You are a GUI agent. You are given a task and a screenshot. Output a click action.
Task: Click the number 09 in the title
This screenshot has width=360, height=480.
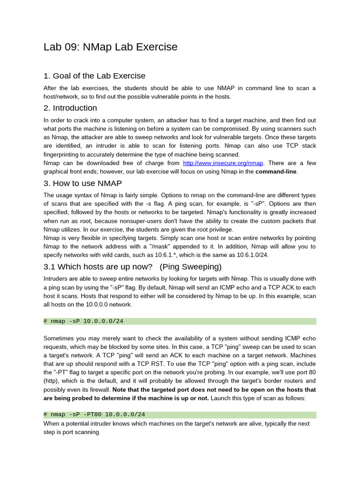coord(70,47)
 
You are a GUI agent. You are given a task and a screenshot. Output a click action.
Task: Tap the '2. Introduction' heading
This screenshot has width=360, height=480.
coord(70,108)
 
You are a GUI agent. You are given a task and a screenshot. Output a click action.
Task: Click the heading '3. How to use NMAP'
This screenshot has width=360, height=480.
coord(82,183)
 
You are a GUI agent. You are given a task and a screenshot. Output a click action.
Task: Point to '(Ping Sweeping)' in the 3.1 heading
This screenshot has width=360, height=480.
coord(190,267)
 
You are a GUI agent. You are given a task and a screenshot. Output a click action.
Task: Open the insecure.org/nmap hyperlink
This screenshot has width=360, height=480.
coord(223,163)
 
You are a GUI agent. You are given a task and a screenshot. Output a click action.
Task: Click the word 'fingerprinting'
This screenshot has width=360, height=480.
coord(63,155)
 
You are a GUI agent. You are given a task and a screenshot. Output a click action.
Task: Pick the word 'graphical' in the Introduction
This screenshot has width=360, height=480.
coord(58,172)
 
